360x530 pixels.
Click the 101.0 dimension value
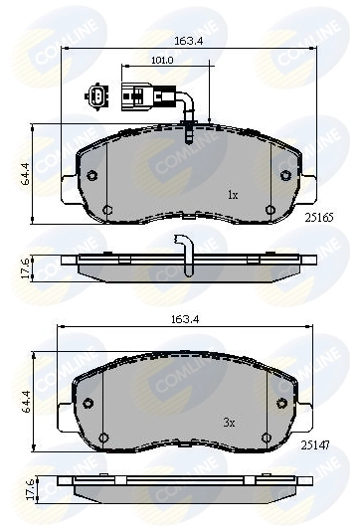point(161,61)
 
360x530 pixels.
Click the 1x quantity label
point(233,195)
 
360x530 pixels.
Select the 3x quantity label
point(228,423)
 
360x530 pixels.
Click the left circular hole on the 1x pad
point(91,176)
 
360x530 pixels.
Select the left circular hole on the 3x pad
point(88,404)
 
